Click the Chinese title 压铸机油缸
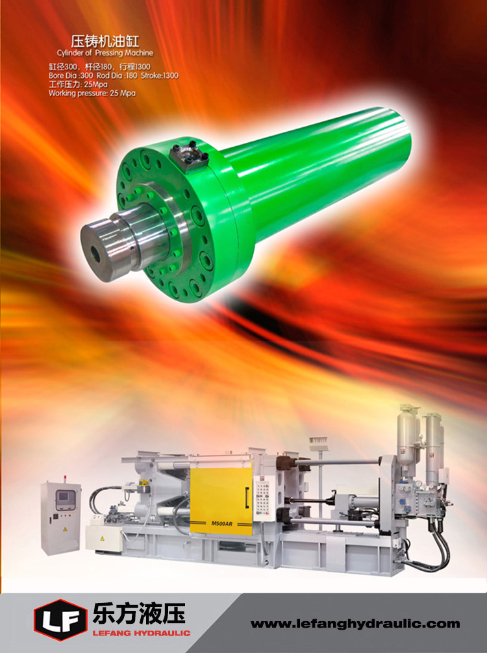(105, 42)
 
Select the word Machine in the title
(139, 53)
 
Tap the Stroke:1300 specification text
(160, 75)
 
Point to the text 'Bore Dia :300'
(71, 75)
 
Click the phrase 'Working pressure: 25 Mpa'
(92, 93)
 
